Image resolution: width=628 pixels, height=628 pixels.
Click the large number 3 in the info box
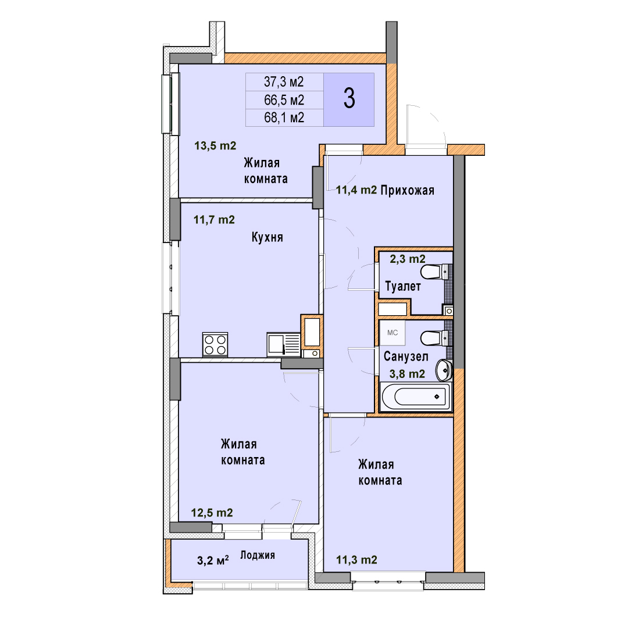pyautogui.click(x=349, y=99)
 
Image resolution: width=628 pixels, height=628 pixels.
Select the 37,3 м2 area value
pyautogui.click(x=284, y=82)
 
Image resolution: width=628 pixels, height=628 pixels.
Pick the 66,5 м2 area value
pyautogui.click(x=284, y=100)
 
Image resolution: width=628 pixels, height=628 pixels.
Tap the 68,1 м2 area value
pyautogui.click(x=284, y=117)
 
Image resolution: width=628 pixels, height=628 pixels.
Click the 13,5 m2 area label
pyautogui.click(x=215, y=145)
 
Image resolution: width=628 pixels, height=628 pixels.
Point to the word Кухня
pyautogui.click(x=267, y=237)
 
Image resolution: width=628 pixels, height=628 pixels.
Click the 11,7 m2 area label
pyautogui.click(x=214, y=219)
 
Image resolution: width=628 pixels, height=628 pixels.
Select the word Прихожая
pyautogui.click(x=407, y=190)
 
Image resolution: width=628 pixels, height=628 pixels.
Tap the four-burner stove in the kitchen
pyautogui.click(x=215, y=344)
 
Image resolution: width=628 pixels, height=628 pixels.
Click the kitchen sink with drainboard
pyautogui.click(x=284, y=344)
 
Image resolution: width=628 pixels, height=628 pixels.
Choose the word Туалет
pyautogui.click(x=403, y=286)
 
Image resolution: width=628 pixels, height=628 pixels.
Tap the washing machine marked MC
pyautogui.click(x=392, y=333)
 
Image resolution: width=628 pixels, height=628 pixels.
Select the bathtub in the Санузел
pyautogui.click(x=416, y=397)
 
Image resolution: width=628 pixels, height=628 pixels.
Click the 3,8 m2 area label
pyautogui.click(x=407, y=374)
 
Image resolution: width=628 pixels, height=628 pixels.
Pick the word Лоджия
pyautogui.click(x=258, y=555)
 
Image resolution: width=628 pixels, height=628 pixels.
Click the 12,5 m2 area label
pyautogui.click(x=212, y=513)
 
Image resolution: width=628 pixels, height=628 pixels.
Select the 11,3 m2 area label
pyautogui.click(x=356, y=559)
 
